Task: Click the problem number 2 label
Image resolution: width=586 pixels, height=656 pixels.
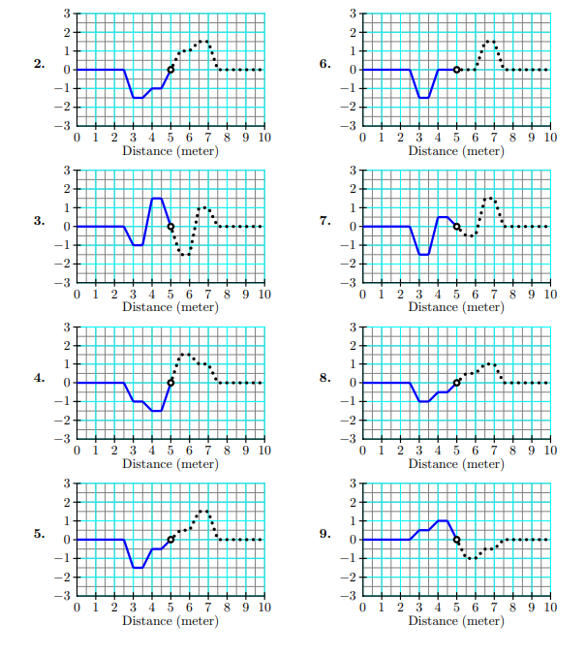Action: coord(40,65)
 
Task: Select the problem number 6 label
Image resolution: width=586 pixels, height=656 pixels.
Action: coord(325,65)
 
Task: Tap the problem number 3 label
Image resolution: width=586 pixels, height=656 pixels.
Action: coord(40,222)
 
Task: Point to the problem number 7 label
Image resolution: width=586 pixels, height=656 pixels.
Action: coord(325,222)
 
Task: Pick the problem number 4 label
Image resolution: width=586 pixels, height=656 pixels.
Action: coord(40,379)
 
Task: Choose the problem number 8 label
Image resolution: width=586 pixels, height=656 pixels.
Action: coord(325,379)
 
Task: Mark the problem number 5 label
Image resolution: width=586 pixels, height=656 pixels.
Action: coord(40,535)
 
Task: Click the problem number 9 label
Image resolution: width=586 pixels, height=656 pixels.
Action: coord(325,535)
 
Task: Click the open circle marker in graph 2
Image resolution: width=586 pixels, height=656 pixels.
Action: coord(170,70)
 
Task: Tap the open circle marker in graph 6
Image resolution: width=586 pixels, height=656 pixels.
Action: coord(456,70)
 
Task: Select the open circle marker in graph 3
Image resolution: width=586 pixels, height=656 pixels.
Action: coord(170,227)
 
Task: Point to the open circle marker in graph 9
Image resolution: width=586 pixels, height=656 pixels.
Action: coord(456,540)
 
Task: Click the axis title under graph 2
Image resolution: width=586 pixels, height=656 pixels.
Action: coord(170,150)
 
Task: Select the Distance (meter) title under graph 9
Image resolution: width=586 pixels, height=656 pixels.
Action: coord(456,621)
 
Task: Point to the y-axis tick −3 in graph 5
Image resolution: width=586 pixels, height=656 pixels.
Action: coord(66,596)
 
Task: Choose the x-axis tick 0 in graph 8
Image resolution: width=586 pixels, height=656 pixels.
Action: coord(362,451)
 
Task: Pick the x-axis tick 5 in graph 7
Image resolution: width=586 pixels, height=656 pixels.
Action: coord(456,295)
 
